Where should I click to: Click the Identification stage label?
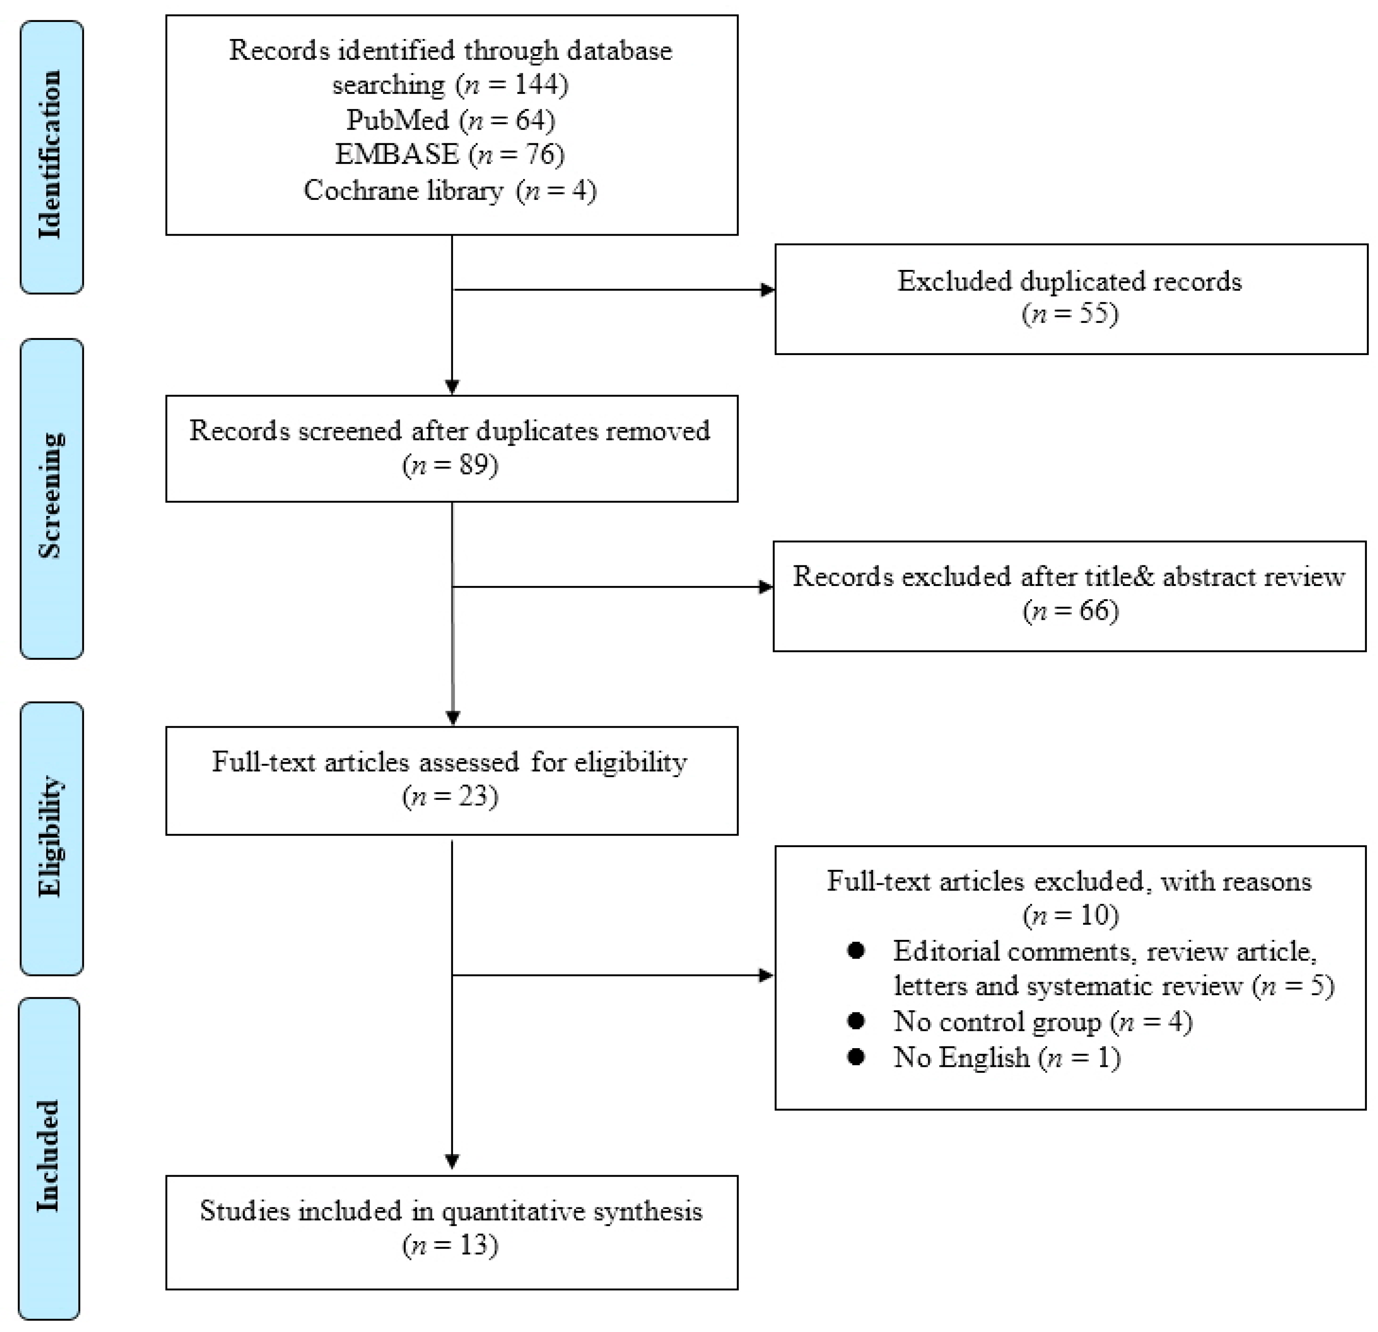pos(51,155)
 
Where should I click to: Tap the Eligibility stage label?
pos(51,837)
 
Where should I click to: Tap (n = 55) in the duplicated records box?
pos(1070,314)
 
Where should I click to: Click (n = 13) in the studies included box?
pos(450,1246)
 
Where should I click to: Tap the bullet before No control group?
pos(856,1021)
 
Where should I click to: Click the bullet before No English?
pos(856,1057)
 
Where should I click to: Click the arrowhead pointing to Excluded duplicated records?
pos(768,290)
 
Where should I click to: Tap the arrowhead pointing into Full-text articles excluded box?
pos(766,975)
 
